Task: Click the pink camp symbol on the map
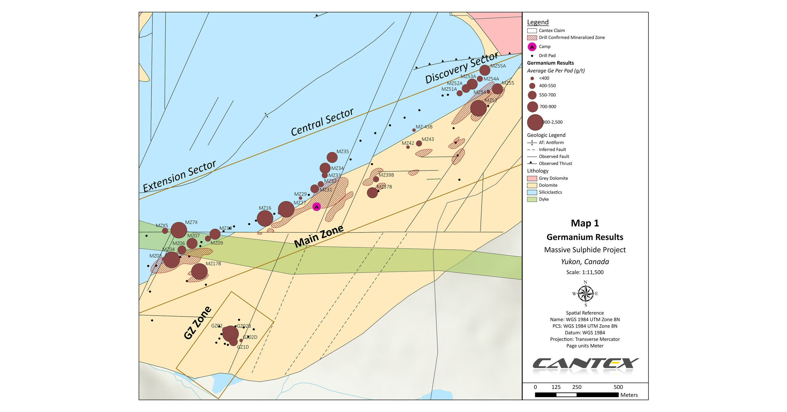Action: (x=317, y=207)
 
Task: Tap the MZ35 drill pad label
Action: (x=342, y=152)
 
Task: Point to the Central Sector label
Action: (x=322, y=122)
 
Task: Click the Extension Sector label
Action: (x=179, y=176)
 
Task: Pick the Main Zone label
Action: (x=319, y=237)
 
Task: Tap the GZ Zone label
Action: (x=197, y=323)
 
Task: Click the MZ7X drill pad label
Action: (x=191, y=222)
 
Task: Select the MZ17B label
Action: (x=213, y=264)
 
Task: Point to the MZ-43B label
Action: (x=424, y=127)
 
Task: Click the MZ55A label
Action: (x=498, y=66)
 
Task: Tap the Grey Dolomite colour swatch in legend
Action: (x=532, y=178)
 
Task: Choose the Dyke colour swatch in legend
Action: (x=532, y=199)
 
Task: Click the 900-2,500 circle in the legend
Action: (x=535, y=122)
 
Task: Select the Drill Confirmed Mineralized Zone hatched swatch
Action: (x=532, y=38)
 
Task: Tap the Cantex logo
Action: (x=585, y=364)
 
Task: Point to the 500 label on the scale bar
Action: (x=618, y=387)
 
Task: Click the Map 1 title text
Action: (x=585, y=223)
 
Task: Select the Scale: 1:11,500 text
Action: (x=585, y=272)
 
